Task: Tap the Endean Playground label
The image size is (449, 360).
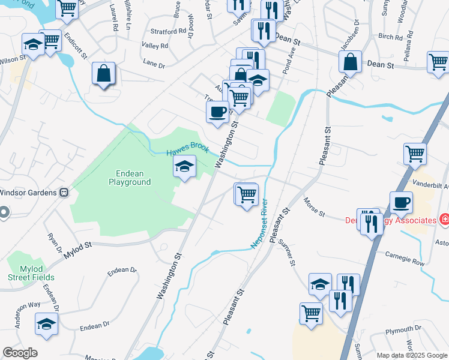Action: point(129,178)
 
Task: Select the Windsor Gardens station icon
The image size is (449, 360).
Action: point(63,193)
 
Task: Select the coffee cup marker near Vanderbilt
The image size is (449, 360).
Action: point(401,202)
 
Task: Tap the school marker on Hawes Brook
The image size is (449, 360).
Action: point(185,167)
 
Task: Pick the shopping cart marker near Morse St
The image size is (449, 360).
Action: point(247,195)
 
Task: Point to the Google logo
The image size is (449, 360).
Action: point(19,353)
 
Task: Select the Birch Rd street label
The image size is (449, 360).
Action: point(390,37)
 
